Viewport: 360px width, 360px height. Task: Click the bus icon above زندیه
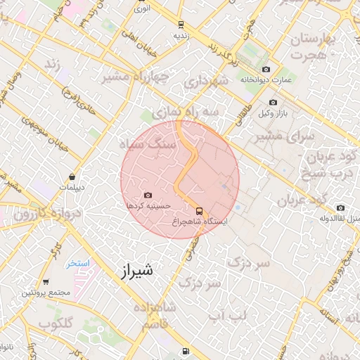[181, 23]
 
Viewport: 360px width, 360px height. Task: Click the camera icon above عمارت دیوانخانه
[266, 69]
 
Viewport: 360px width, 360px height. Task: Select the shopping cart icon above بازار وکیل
[273, 103]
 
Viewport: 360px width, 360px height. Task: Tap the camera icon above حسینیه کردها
[148, 195]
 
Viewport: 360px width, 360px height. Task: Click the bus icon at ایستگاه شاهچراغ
[199, 210]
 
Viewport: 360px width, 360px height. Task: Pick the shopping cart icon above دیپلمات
[72, 176]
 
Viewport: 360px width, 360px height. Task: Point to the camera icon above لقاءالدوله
[340, 207]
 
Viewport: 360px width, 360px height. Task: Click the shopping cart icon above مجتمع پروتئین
[46, 282]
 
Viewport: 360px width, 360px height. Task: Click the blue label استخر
[79, 263]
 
